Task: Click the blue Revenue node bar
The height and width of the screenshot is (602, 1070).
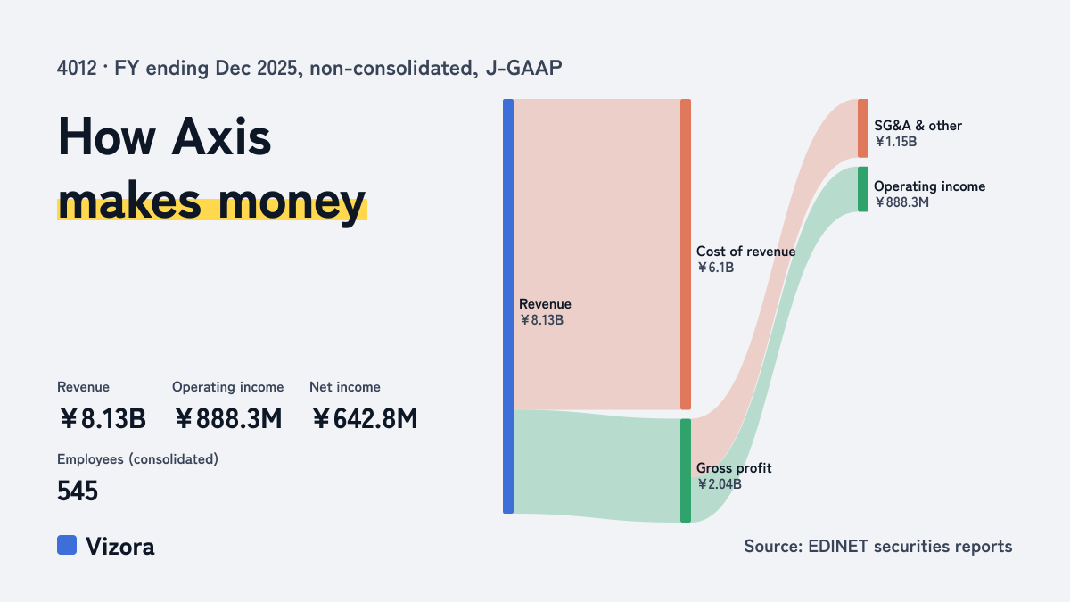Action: [508, 306]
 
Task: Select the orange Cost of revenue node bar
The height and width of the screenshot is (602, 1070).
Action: [686, 254]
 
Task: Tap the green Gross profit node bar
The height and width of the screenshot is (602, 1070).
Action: [686, 471]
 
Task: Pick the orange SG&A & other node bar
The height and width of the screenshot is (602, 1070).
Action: [863, 128]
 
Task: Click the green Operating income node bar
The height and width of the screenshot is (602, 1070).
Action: [863, 189]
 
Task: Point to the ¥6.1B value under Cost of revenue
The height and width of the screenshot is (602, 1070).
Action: [715, 268]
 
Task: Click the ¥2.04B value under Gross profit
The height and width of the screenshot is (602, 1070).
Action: [719, 484]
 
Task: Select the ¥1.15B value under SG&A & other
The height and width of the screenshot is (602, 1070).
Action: [895, 142]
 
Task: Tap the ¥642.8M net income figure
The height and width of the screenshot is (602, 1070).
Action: [365, 419]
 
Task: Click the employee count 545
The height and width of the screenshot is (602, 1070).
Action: [78, 491]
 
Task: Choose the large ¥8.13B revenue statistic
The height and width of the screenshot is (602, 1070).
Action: [103, 419]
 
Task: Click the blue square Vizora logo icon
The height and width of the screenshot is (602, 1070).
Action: [67, 545]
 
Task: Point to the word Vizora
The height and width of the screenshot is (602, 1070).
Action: [120, 547]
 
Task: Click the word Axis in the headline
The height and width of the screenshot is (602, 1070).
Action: [221, 136]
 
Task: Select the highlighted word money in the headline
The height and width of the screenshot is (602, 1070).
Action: [292, 202]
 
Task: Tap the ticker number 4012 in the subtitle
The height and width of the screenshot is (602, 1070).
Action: [77, 69]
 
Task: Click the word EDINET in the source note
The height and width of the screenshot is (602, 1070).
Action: [838, 546]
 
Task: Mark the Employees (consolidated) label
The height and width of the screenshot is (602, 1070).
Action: [137, 459]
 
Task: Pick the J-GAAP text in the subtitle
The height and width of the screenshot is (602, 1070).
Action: [523, 69]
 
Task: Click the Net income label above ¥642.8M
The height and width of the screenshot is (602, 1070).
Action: [345, 387]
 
